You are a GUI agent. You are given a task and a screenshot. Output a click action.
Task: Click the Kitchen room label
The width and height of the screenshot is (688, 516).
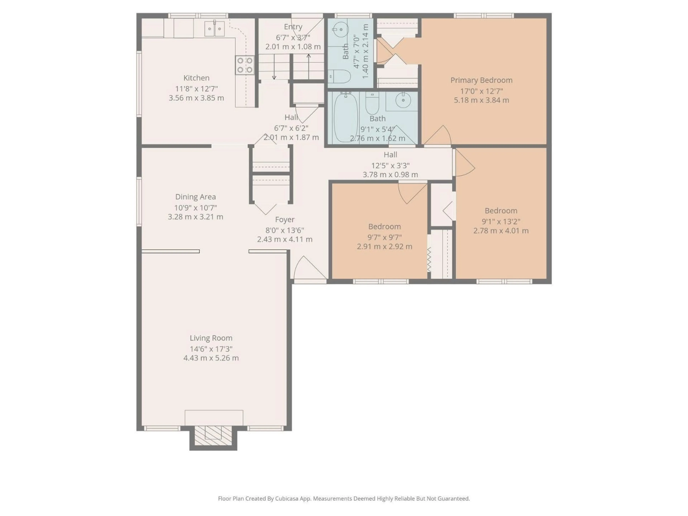[196, 78]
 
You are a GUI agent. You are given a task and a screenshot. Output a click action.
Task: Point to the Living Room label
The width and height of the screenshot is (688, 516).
[211, 338]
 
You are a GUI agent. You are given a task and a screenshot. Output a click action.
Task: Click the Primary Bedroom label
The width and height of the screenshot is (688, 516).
[481, 80]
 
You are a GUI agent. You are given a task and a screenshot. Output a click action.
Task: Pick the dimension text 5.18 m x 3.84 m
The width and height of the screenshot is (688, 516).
[481, 100]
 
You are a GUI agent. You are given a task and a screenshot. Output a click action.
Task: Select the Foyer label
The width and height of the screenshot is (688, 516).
[285, 220]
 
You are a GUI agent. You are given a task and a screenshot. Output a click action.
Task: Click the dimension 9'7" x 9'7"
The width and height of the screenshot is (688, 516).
[384, 237]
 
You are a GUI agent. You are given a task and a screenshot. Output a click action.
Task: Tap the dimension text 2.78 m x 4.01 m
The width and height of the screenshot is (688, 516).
[501, 231]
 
